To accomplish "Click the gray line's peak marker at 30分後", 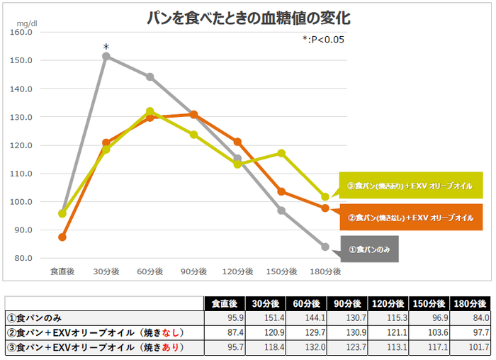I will point(106,56).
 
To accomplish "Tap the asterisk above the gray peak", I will point(106,47).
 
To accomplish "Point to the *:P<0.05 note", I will point(322,40).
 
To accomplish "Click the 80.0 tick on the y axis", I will point(23,258).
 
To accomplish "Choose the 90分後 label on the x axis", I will point(193,271).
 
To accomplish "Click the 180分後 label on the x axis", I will point(325,271).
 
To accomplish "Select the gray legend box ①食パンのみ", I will point(370,249).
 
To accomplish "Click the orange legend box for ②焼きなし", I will point(411,218).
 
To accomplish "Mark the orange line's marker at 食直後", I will point(62,237).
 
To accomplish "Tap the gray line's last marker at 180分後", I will point(325,247).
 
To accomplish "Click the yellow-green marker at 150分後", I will point(281,153).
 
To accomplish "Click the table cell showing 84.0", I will point(470,318).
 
